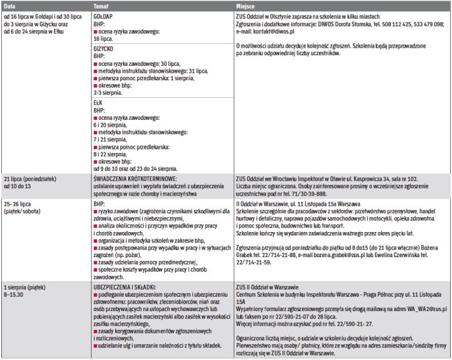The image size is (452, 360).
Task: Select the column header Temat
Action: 102,4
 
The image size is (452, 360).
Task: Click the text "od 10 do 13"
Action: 21,186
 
